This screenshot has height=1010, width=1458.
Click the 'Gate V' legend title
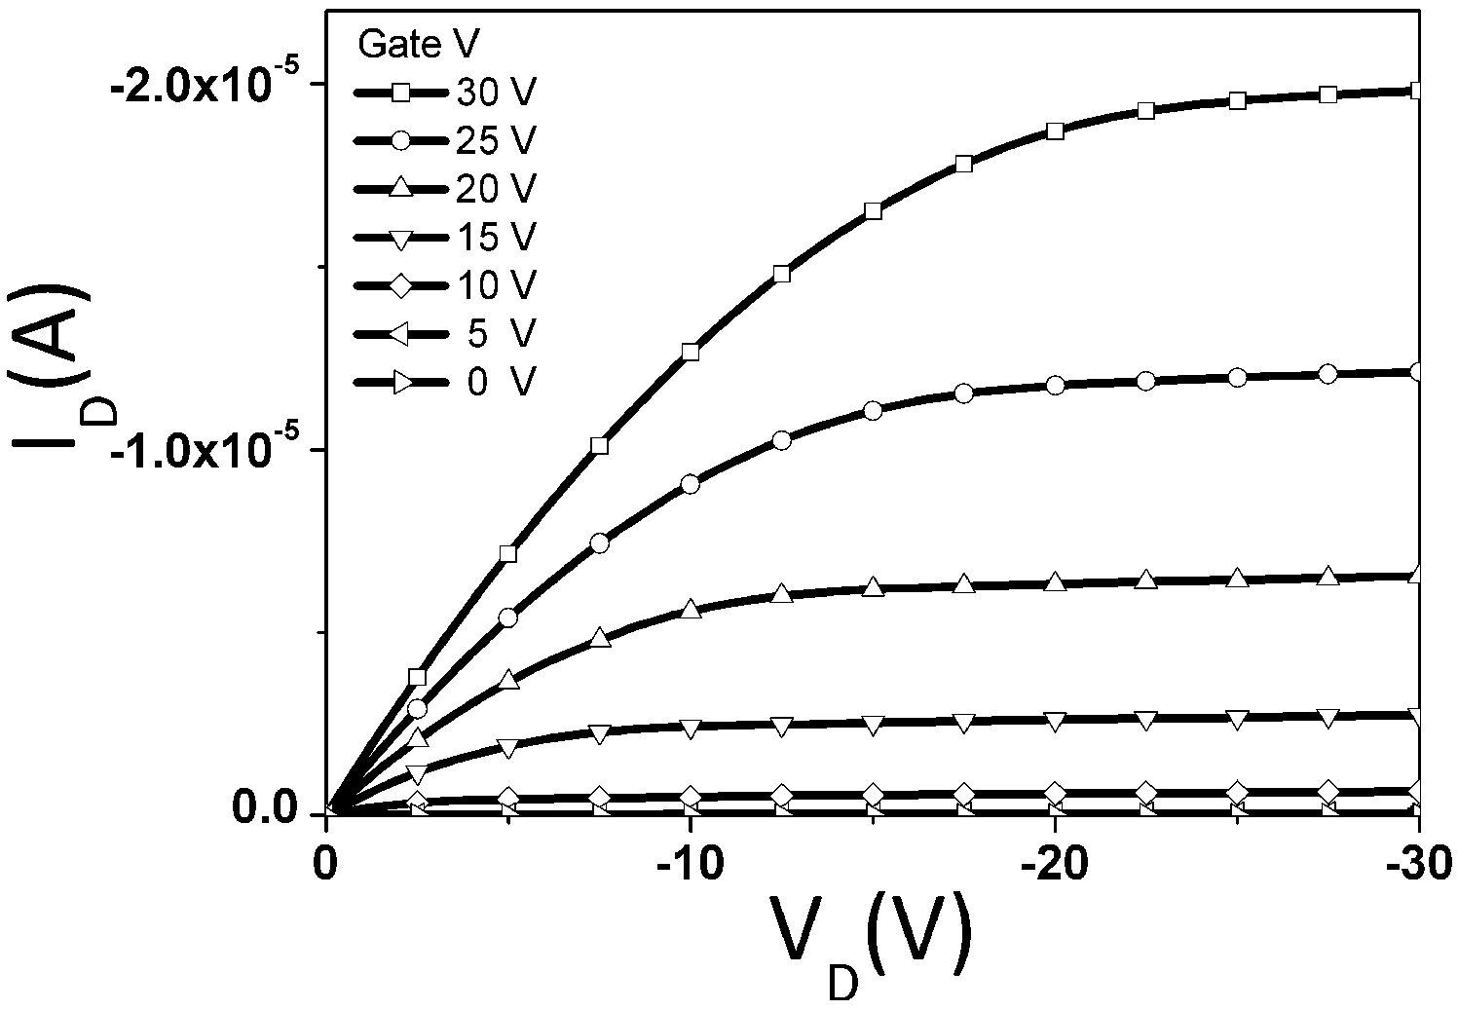(419, 45)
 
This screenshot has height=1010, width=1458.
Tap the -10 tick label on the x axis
(691, 864)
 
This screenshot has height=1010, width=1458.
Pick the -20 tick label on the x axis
(1055, 864)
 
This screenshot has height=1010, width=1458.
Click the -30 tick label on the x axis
(1420, 864)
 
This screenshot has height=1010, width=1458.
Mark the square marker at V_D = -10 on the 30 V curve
(691, 352)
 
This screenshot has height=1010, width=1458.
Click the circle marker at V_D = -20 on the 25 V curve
(1056, 386)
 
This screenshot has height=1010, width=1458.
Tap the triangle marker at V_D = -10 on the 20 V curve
(691, 609)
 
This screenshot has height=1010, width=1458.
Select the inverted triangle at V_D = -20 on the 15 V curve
(1056, 721)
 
